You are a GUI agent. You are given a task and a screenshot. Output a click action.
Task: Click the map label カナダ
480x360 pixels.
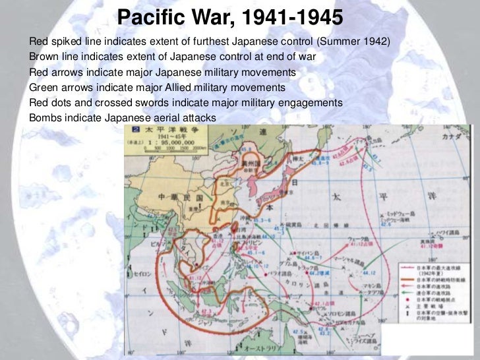pyautogui.click(x=460, y=136)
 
